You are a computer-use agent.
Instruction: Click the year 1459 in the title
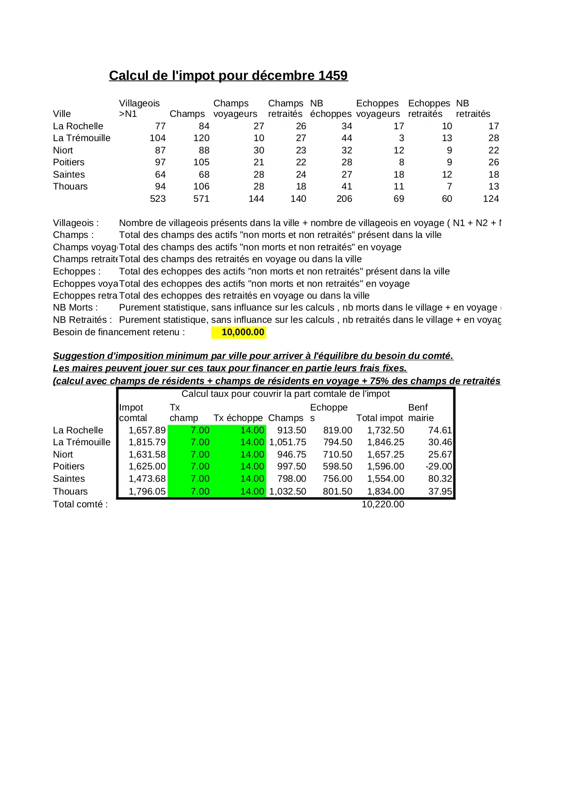coord(333,75)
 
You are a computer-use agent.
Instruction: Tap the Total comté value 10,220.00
coord(383,504)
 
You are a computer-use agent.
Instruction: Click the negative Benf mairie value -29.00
coord(438,466)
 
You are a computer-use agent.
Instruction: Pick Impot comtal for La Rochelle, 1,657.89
coord(147,430)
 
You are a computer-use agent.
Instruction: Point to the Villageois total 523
coord(158,199)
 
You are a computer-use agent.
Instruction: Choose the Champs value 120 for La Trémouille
coord(201,138)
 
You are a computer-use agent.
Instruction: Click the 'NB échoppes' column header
coord(331,109)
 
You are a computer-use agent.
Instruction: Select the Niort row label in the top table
coord(63,150)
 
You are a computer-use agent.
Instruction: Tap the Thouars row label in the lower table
coord(70,491)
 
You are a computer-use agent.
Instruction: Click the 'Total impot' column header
coord(379,418)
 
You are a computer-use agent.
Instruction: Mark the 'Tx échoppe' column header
coord(238,418)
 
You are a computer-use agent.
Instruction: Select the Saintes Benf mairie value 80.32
coord(440,479)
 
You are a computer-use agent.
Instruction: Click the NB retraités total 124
coord(491,199)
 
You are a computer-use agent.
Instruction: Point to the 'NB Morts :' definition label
coord(75,307)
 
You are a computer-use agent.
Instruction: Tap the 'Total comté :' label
coord(80,504)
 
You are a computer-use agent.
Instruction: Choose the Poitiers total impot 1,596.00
coord(385,466)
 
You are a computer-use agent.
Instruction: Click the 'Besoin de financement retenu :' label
coord(119,332)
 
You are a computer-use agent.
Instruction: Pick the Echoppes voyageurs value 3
coord(401,138)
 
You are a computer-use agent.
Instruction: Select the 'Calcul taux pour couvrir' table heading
coord(286,394)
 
